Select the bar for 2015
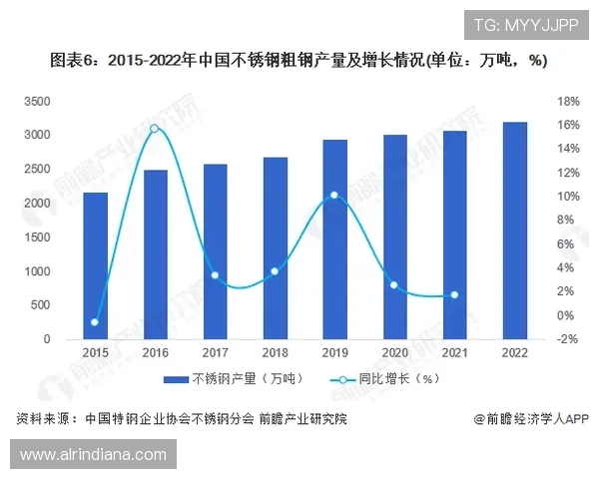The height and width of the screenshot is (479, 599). point(95,265)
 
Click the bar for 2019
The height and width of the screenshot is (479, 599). point(335,239)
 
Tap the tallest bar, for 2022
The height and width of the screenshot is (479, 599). point(515,231)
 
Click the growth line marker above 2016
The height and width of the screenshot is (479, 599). point(155,128)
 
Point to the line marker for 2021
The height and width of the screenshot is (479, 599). point(455,295)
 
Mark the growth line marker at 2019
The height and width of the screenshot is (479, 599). point(334,196)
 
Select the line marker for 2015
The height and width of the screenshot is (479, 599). point(95,322)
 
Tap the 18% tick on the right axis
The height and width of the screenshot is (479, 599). point(566,101)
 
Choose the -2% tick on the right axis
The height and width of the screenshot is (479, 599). point(566,339)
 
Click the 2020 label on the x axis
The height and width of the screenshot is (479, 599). point(395,353)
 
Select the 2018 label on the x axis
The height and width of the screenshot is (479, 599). point(275,353)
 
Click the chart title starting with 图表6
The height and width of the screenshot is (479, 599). point(299,62)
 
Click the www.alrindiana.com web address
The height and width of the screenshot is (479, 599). point(94,454)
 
